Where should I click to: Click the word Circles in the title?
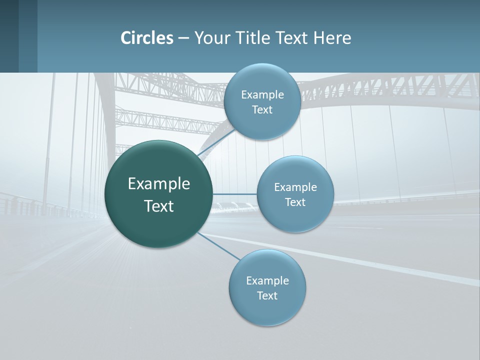tap(147, 38)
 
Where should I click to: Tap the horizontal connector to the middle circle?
tap(234, 194)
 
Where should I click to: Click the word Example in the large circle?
tap(159, 184)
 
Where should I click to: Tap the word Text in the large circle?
tap(159, 206)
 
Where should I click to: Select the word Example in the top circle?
tap(262, 95)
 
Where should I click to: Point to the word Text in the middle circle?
tap(295, 202)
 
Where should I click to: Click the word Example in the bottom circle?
tap(267, 281)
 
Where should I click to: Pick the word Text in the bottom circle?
tap(267, 296)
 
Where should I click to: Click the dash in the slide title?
tap(183, 38)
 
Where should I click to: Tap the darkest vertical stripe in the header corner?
tap(9, 36)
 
